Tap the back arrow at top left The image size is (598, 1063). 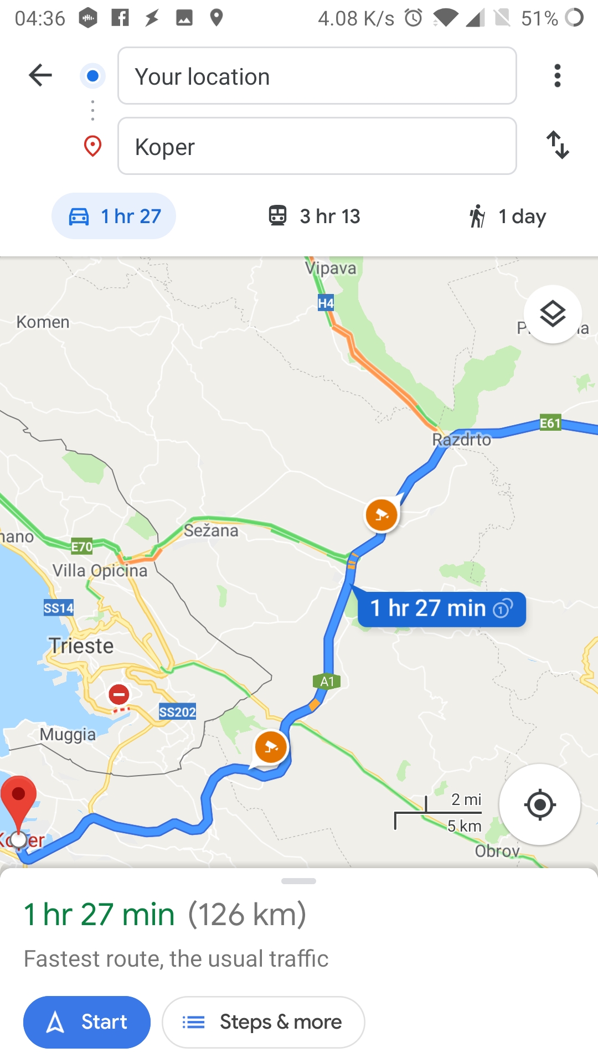(40, 75)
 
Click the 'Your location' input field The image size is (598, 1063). (317, 76)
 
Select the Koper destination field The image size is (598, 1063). (317, 146)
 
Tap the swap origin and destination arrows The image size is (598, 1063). (558, 145)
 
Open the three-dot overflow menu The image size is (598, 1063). (558, 75)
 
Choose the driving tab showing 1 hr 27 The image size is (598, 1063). (114, 216)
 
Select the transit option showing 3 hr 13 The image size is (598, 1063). (314, 216)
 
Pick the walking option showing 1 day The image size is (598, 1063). (507, 216)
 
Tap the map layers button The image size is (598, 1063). (553, 314)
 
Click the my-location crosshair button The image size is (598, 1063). (540, 804)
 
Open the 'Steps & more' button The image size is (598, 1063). (263, 1022)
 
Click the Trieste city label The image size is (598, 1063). (81, 646)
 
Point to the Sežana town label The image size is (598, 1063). (211, 530)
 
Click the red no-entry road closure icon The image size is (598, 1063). (118, 694)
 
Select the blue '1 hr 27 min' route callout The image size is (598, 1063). (441, 608)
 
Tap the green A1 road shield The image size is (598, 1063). (327, 682)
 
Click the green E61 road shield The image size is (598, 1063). (550, 424)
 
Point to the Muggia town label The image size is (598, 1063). (68, 735)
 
